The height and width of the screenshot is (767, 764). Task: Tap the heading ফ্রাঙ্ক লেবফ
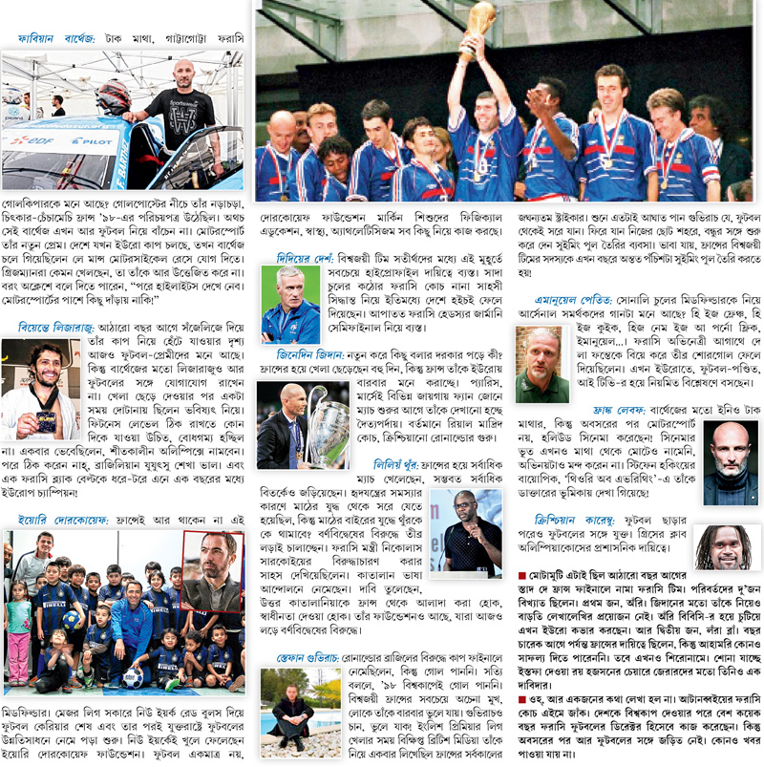pyautogui.click(x=593, y=413)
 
